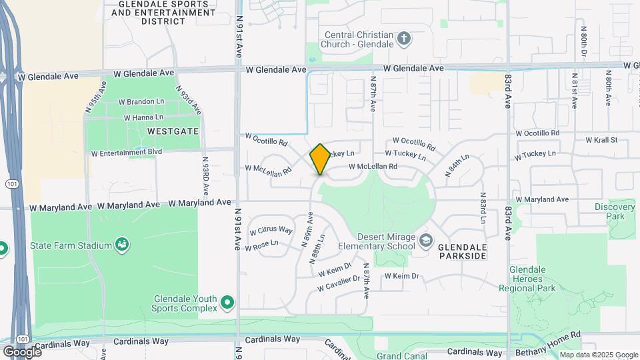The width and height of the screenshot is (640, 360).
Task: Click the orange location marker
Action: coord(320,159)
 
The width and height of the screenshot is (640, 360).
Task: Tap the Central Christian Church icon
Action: coord(403,39)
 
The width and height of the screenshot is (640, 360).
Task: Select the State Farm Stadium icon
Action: coord(122,245)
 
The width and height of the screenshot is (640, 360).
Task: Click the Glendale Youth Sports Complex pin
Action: coord(227,303)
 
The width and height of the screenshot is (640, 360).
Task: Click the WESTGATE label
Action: coord(173,131)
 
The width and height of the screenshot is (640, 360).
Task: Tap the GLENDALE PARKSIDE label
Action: coord(463,251)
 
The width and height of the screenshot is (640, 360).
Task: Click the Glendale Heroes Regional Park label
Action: coord(532,279)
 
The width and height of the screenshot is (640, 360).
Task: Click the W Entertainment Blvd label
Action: coord(127,153)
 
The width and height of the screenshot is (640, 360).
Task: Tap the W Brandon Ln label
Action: coord(141,102)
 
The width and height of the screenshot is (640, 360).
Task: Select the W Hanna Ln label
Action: coord(144,117)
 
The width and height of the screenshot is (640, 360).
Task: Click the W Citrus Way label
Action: coord(271,231)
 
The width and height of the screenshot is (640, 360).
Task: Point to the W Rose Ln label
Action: coord(261,246)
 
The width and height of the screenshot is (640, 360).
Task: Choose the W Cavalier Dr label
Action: coord(339,283)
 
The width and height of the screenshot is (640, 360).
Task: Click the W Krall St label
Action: coord(601,140)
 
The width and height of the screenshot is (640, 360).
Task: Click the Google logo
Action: coord(21,351)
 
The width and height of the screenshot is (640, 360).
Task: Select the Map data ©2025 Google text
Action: coord(598,355)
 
